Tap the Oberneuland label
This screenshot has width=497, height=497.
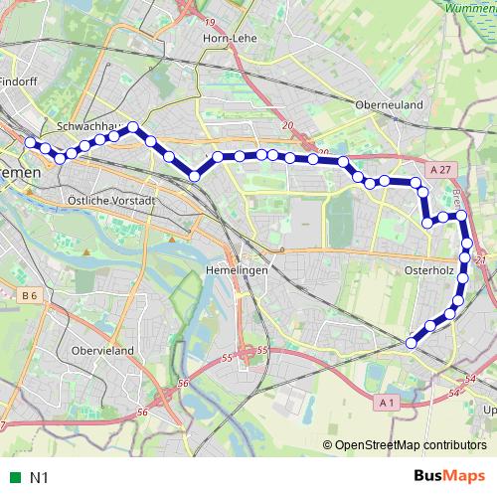[389, 102]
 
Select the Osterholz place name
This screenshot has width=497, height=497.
[429, 268]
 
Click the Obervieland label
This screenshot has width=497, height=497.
[101, 350]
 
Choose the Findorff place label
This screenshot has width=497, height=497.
[16, 82]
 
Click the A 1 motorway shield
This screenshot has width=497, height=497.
[388, 402]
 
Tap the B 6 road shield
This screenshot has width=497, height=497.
[27, 295]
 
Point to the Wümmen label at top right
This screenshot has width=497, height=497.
[470, 7]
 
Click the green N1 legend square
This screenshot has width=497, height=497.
[14, 478]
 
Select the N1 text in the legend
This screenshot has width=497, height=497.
[39, 478]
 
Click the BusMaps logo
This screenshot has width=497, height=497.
[442, 477]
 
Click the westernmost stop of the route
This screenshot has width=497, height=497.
[30, 143]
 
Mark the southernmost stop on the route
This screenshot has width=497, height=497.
[411, 344]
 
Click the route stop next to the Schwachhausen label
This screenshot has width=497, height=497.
[132, 127]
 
